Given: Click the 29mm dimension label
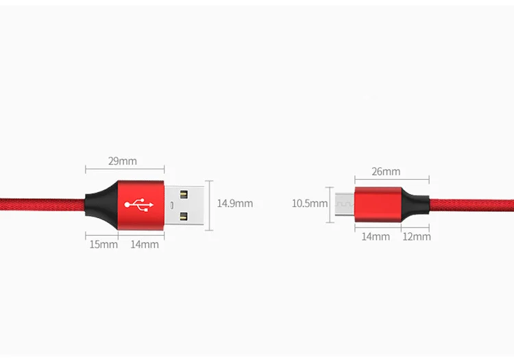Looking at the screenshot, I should (123, 161).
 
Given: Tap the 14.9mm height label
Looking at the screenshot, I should (235, 203).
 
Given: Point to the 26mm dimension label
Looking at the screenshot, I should (386, 171).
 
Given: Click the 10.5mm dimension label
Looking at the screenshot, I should (310, 203).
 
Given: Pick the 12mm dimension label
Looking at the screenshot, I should (417, 237).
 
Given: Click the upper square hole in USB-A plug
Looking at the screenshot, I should (184, 192).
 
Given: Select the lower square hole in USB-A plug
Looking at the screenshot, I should (184, 216).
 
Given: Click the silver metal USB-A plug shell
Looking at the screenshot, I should (186, 204).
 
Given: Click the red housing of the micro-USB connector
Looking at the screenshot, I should (376, 204).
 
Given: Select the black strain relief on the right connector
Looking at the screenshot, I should (414, 204).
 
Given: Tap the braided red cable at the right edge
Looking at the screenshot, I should (480, 204).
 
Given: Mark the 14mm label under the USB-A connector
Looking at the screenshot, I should (145, 244).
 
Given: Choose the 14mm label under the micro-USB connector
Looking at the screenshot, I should (376, 237).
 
